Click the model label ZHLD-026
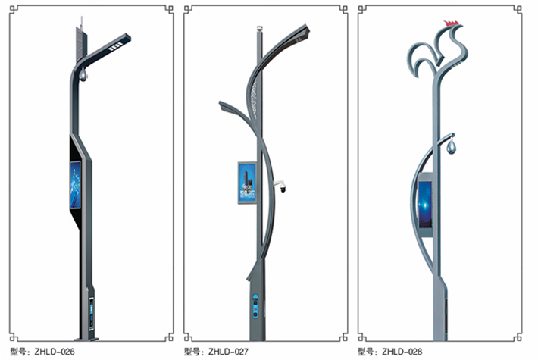point(55,352)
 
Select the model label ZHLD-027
point(228,352)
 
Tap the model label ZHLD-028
point(402,352)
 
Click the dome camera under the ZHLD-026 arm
point(83,76)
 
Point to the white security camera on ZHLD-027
point(280,186)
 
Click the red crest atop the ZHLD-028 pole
point(451,23)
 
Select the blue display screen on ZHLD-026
point(76,185)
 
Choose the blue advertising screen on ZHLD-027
point(247,183)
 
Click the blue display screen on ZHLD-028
point(425,205)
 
